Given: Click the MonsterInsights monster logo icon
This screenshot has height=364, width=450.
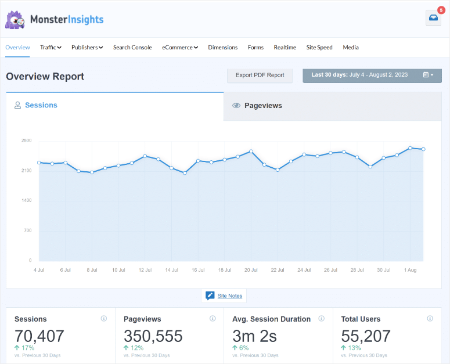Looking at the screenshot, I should click(x=15, y=20).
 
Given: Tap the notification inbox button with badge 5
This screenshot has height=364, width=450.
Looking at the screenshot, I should click(x=433, y=18).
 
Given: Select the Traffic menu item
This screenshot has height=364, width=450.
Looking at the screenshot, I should click(x=51, y=48).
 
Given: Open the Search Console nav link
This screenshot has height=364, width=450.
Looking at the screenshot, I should click(x=132, y=48).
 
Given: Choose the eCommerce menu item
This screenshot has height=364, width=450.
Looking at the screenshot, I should click(x=179, y=48).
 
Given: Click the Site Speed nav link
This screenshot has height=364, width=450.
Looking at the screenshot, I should click(x=319, y=48).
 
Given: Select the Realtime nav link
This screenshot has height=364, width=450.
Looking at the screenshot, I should click(x=285, y=48).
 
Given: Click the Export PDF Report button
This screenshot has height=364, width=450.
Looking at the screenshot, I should click(x=260, y=75).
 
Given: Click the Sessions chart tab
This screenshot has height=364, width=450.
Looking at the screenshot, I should click(x=41, y=106).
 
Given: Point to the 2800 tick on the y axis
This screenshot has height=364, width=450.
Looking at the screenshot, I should click(x=27, y=140).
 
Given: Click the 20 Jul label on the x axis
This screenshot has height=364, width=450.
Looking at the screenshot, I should click(x=251, y=270).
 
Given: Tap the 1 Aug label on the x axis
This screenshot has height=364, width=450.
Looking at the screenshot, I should click(x=410, y=270).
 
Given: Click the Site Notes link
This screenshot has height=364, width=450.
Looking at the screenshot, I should click(x=230, y=296).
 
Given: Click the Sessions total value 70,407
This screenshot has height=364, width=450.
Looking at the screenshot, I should click(x=39, y=336).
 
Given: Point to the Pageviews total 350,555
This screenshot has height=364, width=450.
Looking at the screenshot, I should click(x=153, y=336).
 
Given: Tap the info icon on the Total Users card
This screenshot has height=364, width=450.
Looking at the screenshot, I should click(x=430, y=319).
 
